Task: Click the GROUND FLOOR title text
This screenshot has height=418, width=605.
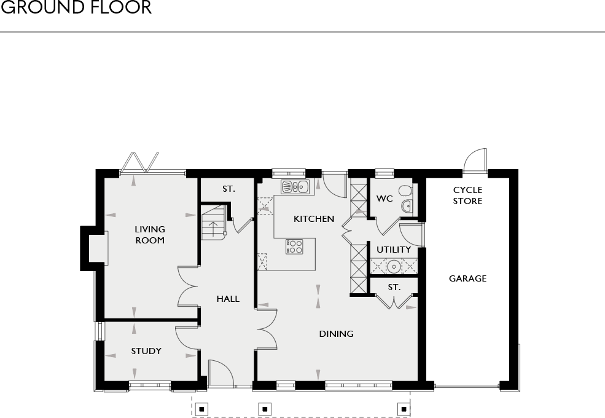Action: pyautogui.click(x=76, y=9)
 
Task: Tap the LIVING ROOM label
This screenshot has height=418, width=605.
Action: pyautogui.click(x=150, y=235)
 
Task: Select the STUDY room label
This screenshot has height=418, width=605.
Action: pyautogui.click(x=146, y=351)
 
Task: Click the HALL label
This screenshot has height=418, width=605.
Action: pyautogui.click(x=228, y=299)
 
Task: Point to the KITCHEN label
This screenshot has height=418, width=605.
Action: pyautogui.click(x=314, y=219)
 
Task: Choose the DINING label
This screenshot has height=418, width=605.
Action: pyautogui.click(x=336, y=334)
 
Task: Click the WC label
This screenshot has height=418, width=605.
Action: pyautogui.click(x=384, y=199)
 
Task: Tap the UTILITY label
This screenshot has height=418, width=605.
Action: pyautogui.click(x=394, y=250)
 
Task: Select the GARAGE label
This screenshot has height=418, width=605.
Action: pyautogui.click(x=467, y=278)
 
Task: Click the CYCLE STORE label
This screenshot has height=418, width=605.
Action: pyautogui.click(x=468, y=195)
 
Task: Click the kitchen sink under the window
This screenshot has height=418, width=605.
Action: pyautogui.click(x=294, y=187)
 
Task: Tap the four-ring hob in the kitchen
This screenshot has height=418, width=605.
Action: pyautogui.click(x=294, y=246)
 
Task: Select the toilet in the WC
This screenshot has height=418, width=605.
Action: pyautogui.click(x=405, y=191)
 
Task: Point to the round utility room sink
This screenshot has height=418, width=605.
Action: pyautogui.click(x=393, y=266)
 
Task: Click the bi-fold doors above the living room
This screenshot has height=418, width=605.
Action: pyautogui.click(x=140, y=162)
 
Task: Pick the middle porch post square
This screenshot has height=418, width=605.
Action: pyautogui.click(x=264, y=408)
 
